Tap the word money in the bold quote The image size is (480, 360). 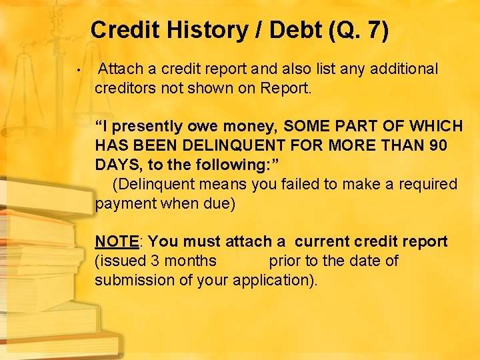tap(250, 126)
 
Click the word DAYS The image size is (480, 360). tap(119, 165)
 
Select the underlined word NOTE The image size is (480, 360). tap(117, 241)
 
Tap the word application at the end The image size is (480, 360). tap(271, 280)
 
